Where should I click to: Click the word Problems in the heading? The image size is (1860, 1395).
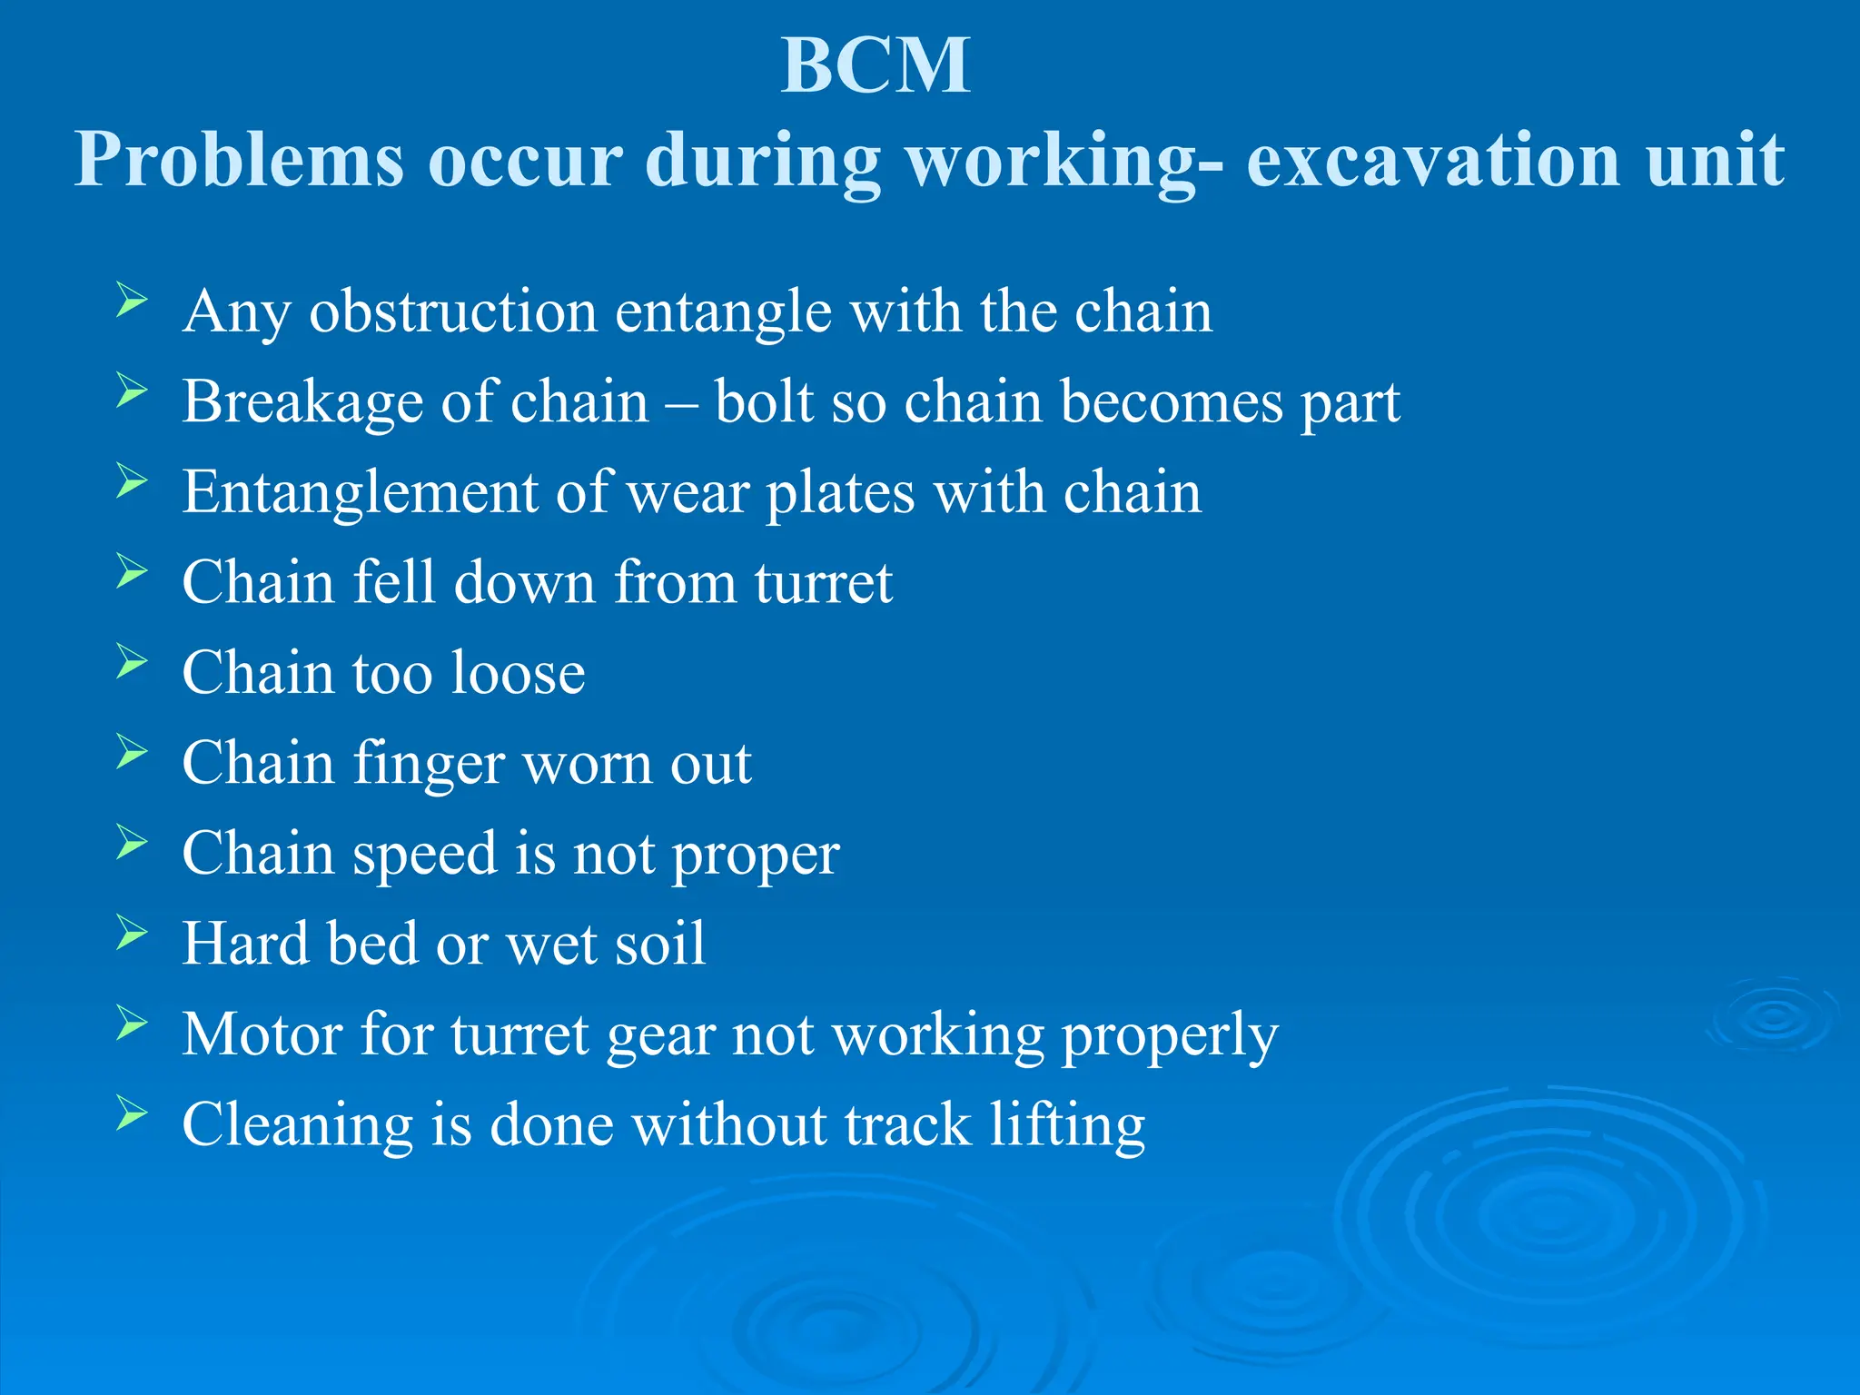coord(238,160)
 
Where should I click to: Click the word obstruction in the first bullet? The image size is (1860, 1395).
coord(453,312)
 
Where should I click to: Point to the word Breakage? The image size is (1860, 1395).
coord(302,402)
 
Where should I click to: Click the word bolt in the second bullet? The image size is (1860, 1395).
coord(763,401)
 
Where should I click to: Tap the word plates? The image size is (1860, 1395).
coord(840,493)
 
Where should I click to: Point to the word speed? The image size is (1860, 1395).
coord(424,855)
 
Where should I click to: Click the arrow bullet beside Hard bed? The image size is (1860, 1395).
coord(132,933)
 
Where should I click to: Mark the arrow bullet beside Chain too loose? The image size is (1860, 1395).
coord(132,661)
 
